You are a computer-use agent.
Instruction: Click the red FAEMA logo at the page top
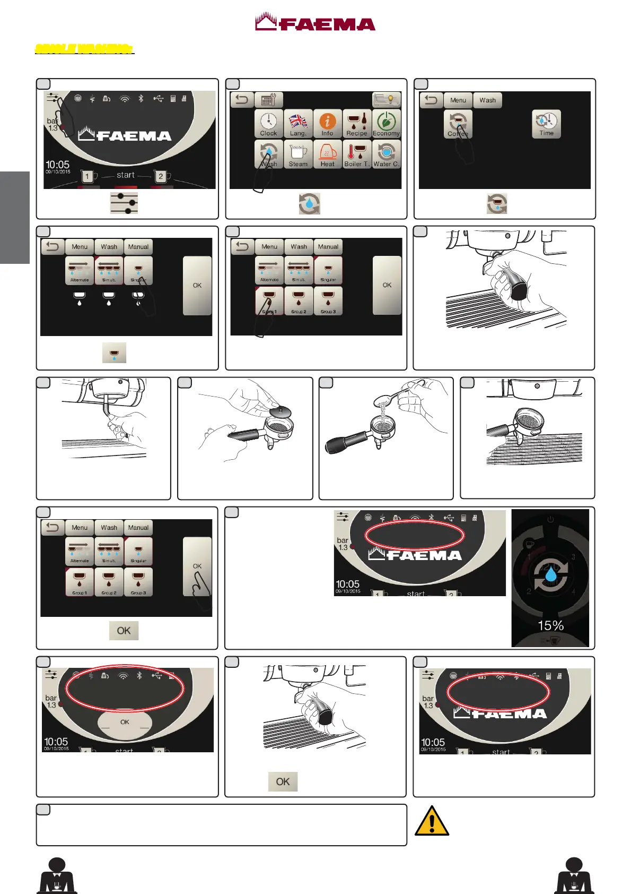(x=315, y=22)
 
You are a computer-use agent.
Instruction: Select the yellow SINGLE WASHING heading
(x=84, y=49)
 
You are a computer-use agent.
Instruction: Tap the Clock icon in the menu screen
(x=269, y=124)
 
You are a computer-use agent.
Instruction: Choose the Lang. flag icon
(x=298, y=124)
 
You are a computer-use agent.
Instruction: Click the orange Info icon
(x=327, y=124)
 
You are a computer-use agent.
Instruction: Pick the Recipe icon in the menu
(x=357, y=124)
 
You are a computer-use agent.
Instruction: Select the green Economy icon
(x=386, y=124)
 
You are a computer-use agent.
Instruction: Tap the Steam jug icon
(x=298, y=154)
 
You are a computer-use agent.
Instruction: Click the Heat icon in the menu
(x=327, y=154)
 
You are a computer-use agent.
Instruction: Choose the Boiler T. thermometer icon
(x=357, y=154)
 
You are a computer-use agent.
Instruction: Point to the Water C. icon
(x=386, y=154)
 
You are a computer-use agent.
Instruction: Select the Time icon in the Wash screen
(x=546, y=124)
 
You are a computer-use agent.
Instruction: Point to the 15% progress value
(x=550, y=625)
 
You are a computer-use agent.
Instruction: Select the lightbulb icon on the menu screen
(x=387, y=99)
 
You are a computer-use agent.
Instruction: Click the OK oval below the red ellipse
(x=125, y=722)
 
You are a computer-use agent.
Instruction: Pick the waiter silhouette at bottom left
(x=57, y=875)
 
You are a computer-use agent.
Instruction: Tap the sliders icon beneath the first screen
(x=124, y=203)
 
